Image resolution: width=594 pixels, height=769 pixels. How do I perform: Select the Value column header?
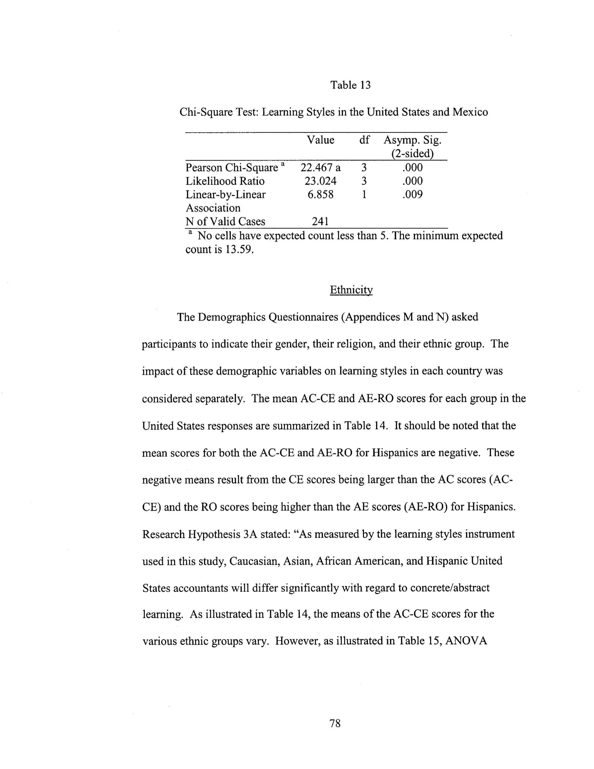pos(320,140)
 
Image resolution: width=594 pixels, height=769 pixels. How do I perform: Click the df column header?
pos(364,140)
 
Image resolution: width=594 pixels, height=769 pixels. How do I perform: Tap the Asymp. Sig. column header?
pos(412,147)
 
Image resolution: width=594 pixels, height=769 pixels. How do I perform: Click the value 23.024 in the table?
pos(320,181)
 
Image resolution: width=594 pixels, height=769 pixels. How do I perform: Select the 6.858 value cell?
pos(320,194)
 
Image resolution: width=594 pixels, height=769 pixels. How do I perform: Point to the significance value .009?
pos(412,194)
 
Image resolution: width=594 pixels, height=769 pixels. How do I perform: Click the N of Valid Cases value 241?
pos(320,221)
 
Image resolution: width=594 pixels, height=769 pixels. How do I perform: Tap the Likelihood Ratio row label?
pos(225,181)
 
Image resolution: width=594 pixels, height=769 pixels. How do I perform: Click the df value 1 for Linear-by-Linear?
pos(364,194)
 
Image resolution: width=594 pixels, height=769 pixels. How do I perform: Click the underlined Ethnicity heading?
pos(351,290)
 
